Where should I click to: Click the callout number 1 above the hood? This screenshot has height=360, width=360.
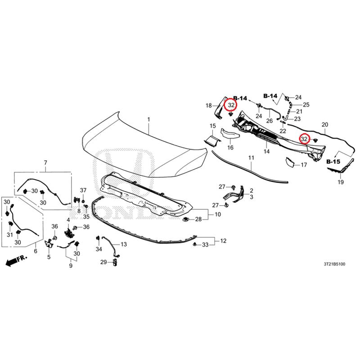[148, 119]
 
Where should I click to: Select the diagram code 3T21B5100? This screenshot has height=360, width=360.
[334, 264]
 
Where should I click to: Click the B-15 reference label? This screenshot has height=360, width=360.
[333, 162]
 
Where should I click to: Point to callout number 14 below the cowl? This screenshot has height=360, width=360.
[266, 151]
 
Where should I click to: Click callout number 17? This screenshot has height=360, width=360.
[304, 165]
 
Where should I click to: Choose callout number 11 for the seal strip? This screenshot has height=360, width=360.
[252, 158]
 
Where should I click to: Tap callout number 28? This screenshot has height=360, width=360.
[198, 219]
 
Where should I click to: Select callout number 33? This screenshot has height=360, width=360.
[205, 245]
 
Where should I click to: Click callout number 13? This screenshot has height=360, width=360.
[123, 244]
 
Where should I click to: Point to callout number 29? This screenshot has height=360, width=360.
[103, 262]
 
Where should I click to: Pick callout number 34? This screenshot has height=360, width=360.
[99, 249]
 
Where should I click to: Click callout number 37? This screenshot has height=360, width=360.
[83, 190]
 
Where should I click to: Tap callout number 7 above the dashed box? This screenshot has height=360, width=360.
[45, 163]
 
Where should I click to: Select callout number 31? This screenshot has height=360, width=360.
[9, 234]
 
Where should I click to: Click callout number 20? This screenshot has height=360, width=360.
[325, 125]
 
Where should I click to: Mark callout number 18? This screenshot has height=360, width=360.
[208, 106]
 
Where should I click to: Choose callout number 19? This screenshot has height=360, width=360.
[341, 182]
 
